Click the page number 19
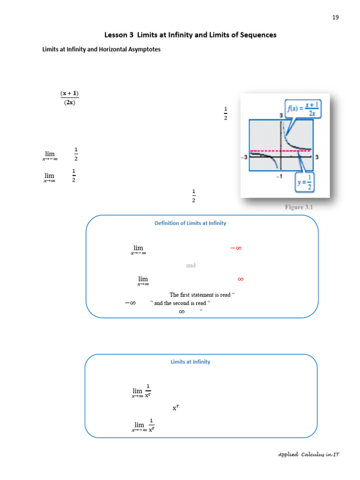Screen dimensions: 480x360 (x=335, y=17)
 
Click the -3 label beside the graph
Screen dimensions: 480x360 (x=244, y=157)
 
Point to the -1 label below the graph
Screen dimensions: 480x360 (x=279, y=176)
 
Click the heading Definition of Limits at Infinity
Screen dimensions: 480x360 (x=190, y=223)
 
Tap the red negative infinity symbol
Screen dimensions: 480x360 (x=236, y=248)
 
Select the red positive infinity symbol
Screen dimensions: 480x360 (x=240, y=279)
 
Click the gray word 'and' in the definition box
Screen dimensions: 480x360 (x=190, y=265)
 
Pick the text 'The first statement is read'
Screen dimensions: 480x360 (x=200, y=295)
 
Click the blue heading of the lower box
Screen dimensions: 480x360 (x=190, y=362)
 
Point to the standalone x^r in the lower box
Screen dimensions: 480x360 (x=176, y=408)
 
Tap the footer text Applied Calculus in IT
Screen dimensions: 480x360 (x=308, y=455)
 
